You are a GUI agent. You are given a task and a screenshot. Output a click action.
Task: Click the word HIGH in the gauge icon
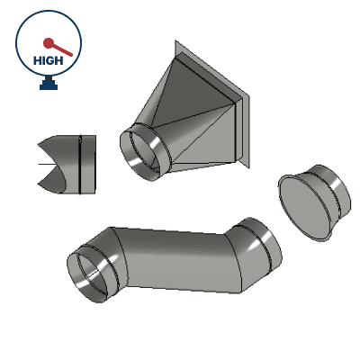coord(47,60)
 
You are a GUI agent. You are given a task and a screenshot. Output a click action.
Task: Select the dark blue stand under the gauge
coord(48,85)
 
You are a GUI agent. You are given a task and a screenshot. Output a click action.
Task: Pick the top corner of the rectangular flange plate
coord(176,41)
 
